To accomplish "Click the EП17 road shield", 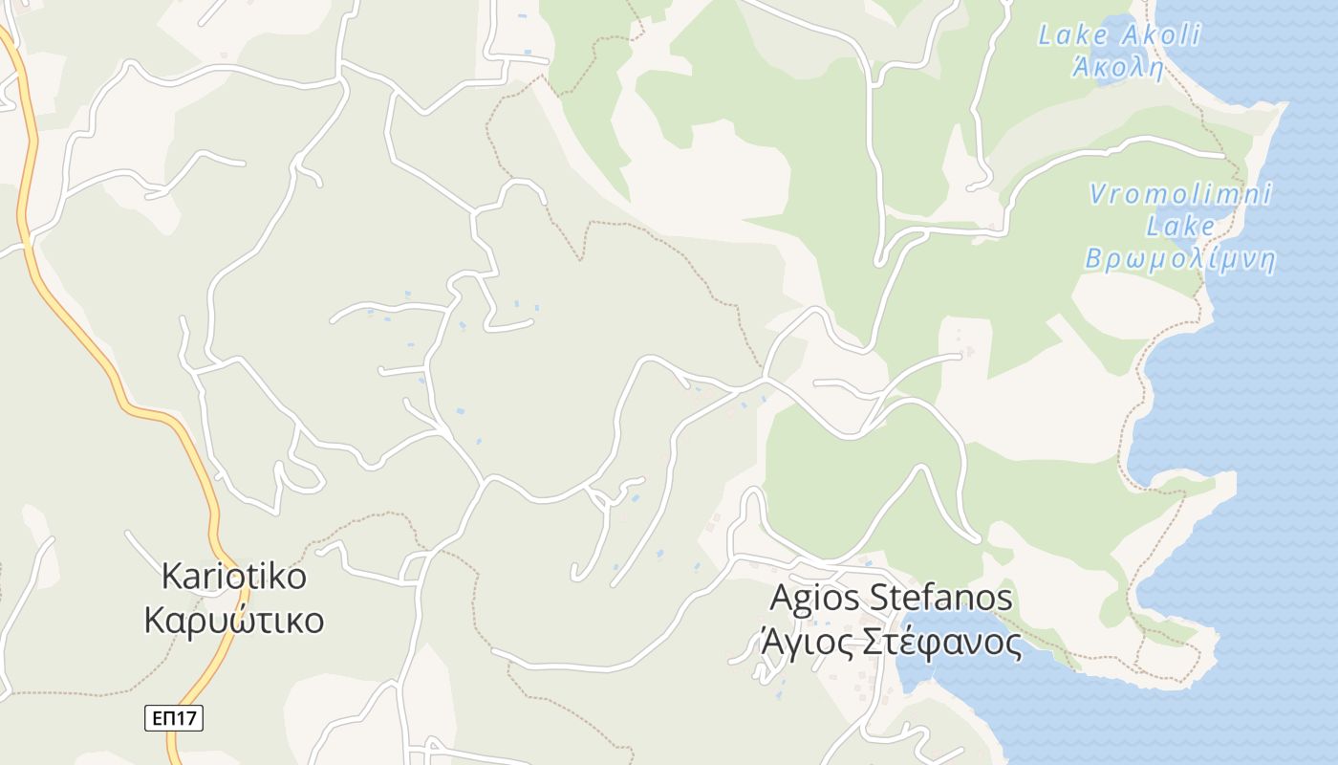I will click(174, 718).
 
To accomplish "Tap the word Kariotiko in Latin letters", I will click(234, 577).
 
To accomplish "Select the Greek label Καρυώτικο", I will click(234, 620).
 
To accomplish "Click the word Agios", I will click(814, 599).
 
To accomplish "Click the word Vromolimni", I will click(1181, 194).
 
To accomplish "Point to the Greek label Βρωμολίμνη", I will click(1180, 259).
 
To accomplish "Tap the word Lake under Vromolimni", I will click(1180, 227).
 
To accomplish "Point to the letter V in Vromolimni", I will click(1099, 194).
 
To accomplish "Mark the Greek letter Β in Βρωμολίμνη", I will click(1093, 259).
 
